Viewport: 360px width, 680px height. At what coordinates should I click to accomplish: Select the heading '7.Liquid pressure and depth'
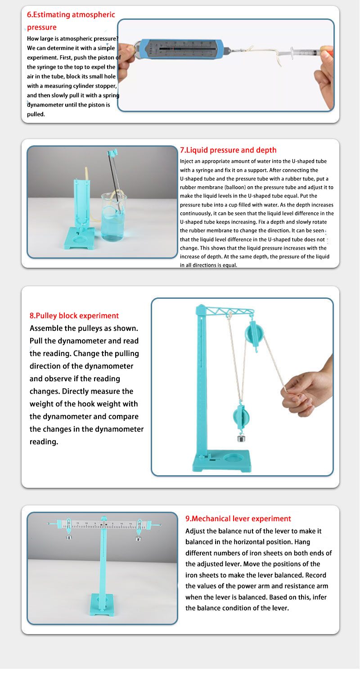click(228, 150)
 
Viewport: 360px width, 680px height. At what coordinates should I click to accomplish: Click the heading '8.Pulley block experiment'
click(74, 315)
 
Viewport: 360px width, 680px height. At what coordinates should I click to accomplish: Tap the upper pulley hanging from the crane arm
click(254, 333)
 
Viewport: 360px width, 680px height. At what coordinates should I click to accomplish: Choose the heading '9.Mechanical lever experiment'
click(238, 519)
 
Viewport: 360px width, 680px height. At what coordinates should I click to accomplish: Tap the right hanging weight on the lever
click(139, 538)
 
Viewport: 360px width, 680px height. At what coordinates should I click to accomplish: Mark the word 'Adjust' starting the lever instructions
click(196, 531)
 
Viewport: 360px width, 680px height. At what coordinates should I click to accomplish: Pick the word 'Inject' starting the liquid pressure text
click(187, 161)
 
